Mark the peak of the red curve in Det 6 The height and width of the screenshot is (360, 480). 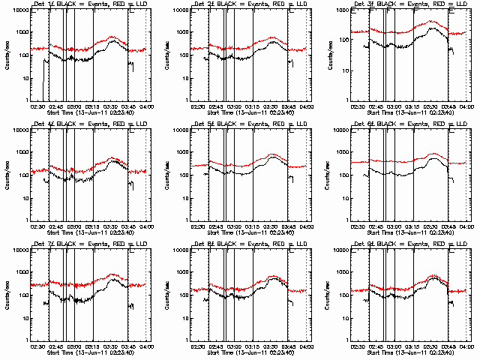433,154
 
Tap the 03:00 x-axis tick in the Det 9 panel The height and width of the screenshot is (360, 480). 394,346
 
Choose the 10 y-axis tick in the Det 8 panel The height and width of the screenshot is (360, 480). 185,318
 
